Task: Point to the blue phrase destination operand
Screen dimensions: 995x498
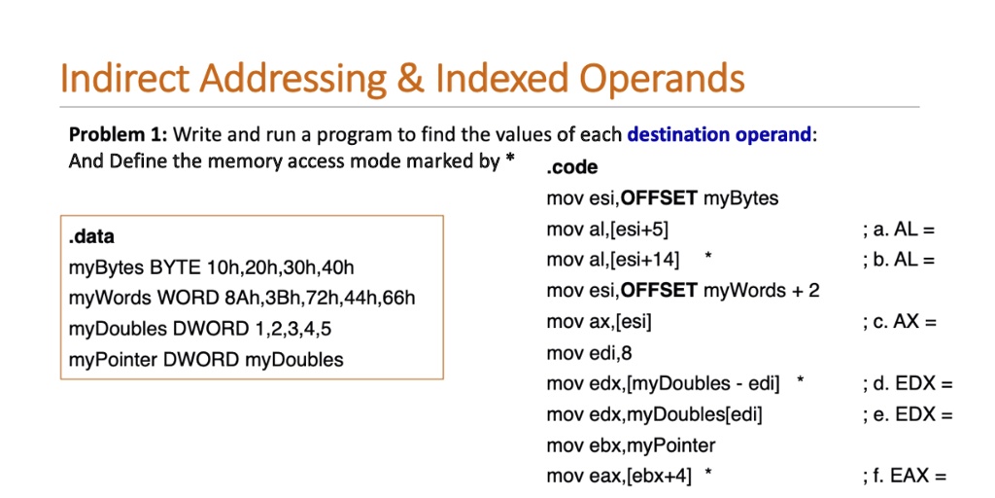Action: (719, 134)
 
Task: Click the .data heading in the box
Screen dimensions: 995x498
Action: (91, 237)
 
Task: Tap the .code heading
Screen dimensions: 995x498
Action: (571, 167)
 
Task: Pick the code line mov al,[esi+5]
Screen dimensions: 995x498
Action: (607, 230)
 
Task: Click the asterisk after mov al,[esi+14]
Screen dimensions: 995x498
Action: (708, 257)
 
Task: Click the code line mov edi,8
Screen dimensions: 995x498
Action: (589, 352)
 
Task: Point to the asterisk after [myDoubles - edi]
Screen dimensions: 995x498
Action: (801, 380)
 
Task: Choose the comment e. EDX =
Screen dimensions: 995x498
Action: (909, 414)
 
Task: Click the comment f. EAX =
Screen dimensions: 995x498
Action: (905, 476)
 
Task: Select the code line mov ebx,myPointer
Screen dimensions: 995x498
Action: (631, 445)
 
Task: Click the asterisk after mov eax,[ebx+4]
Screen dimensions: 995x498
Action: (708, 473)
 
